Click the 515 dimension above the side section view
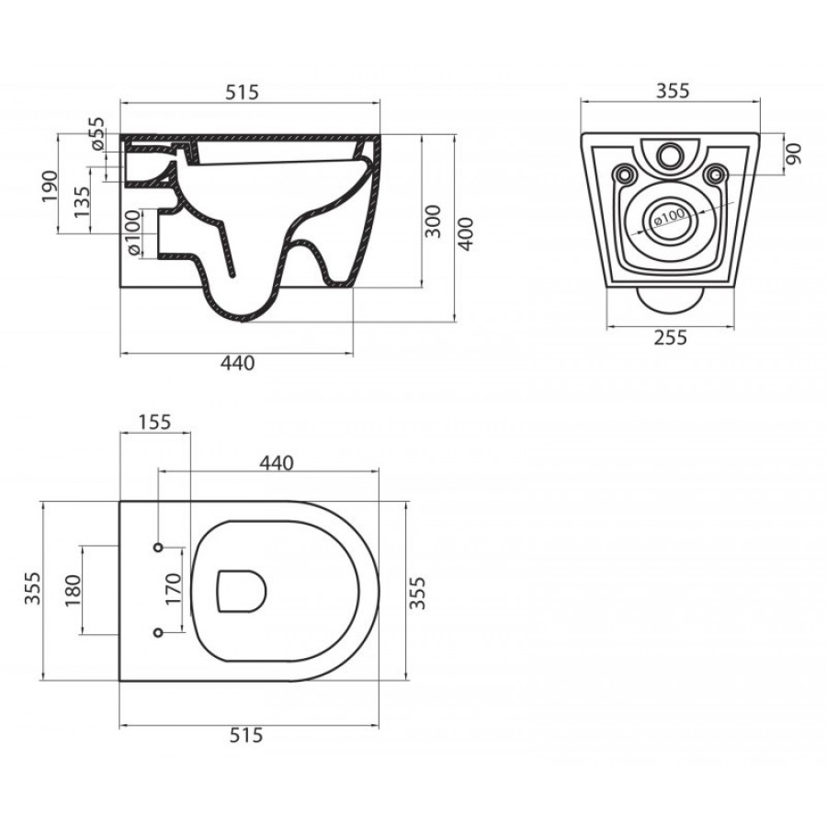tap(242, 92)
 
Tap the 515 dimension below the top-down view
tap(245, 735)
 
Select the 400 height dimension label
tap(466, 233)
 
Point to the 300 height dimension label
tap(433, 221)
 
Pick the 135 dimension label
tap(82, 202)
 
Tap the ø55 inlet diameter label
tap(97, 134)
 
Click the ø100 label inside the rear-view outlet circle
tap(669, 217)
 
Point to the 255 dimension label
tap(671, 337)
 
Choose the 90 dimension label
tap(794, 153)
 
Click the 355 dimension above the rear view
tap(673, 91)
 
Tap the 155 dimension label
tap(154, 422)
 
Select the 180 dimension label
tap(73, 590)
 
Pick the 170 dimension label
tap(173, 589)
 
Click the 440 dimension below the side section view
tap(237, 363)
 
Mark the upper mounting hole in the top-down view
tap(158, 548)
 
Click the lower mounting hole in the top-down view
tap(158, 632)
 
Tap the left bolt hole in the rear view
tap(626, 173)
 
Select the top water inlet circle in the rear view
tap(670, 154)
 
